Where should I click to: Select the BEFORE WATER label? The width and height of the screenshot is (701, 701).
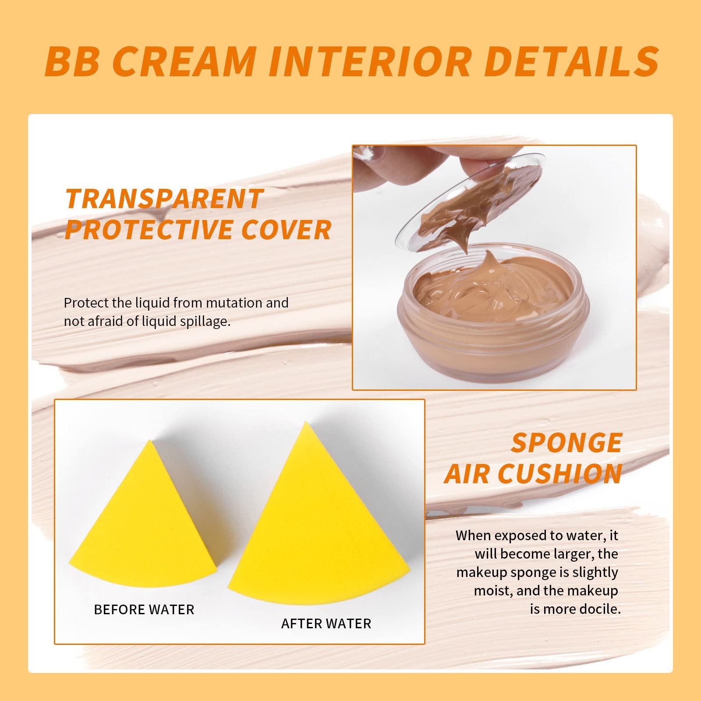pyautogui.click(x=144, y=609)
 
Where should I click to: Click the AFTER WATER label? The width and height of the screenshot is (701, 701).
pyautogui.click(x=326, y=623)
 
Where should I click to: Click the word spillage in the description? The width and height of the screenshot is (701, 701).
pyautogui.click(x=204, y=322)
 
